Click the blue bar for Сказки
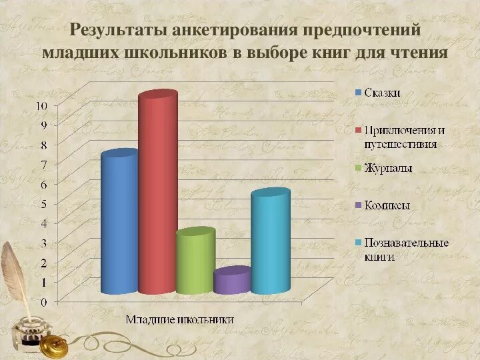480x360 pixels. coord(119,223)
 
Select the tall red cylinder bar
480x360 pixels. coord(157,193)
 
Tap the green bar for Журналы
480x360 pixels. coord(195,261)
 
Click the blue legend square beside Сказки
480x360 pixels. coord(358,93)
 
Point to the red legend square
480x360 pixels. coord(358,131)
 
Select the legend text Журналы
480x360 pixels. coord(388,169)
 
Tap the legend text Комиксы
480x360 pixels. coord(387,205)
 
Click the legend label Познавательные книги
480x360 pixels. coord(405,249)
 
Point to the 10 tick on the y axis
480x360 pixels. coord(41,105)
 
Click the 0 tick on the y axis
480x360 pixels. coord(44,302)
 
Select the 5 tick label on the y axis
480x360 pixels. coord(44,203)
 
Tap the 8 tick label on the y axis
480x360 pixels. coord(44,145)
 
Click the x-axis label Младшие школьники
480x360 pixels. coord(181,319)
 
